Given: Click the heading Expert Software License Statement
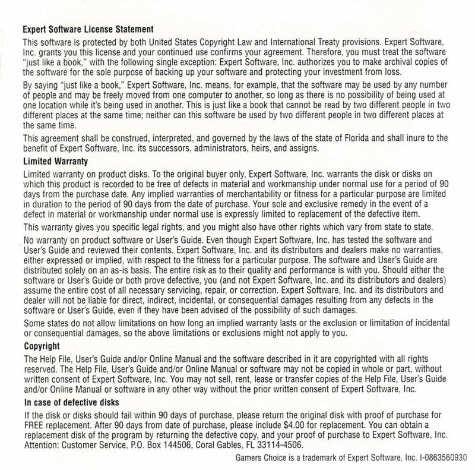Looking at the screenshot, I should click(x=88, y=29).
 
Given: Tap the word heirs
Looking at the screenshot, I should click(x=258, y=149).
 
